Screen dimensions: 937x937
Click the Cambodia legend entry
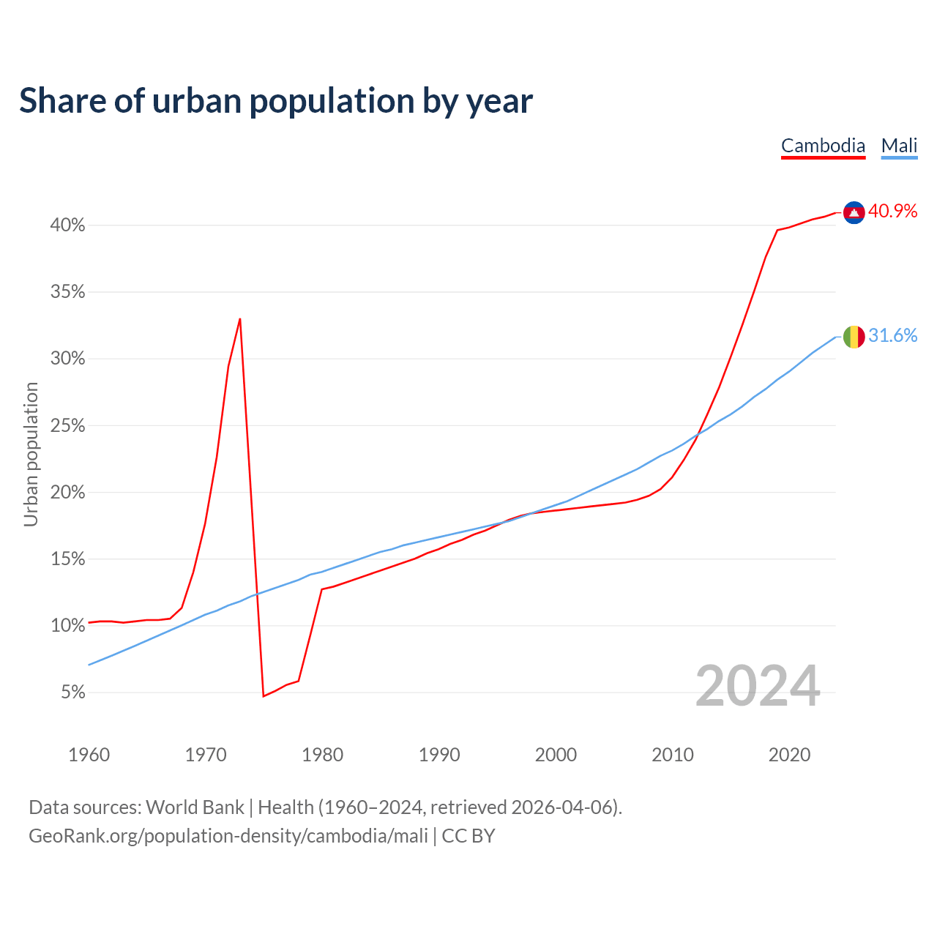pyautogui.click(x=823, y=146)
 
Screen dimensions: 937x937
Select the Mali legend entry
pyautogui.click(x=899, y=146)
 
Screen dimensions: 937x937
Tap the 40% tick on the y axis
pyautogui.click(x=67, y=225)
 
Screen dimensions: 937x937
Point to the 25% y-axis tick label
pyautogui.click(x=67, y=426)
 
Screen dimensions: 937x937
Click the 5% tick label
pyautogui.click(x=73, y=693)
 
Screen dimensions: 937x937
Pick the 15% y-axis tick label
pyautogui.click(x=67, y=559)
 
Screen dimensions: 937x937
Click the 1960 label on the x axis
pyautogui.click(x=89, y=755)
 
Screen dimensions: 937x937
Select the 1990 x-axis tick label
pyautogui.click(x=439, y=755)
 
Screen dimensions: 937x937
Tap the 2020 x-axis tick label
pyautogui.click(x=789, y=755)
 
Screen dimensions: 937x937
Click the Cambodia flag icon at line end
pyautogui.click(x=854, y=212)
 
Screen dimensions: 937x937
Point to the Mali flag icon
pyautogui.click(x=854, y=337)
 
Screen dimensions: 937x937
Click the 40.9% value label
pyautogui.click(x=892, y=212)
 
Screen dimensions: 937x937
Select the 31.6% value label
pyautogui.click(x=892, y=336)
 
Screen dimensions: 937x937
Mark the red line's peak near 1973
pyautogui.click(x=240, y=319)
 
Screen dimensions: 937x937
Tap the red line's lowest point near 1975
pyautogui.click(x=263, y=695)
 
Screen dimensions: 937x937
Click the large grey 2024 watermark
pyautogui.click(x=758, y=687)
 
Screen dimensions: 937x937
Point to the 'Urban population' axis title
pyautogui.click(x=31, y=454)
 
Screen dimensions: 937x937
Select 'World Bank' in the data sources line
pyautogui.click(x=195, y=807)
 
